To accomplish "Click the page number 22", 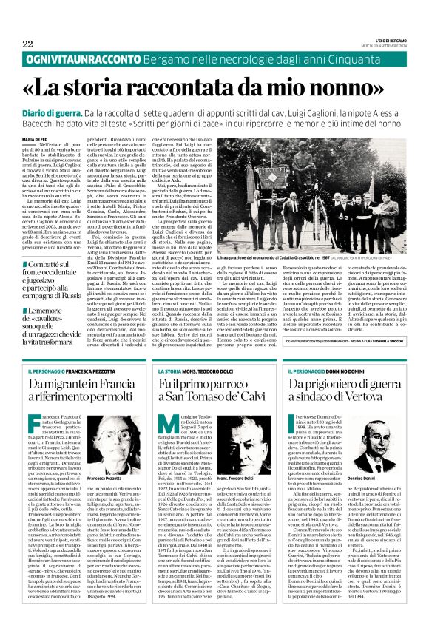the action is pyautogui.click(x=28, y=44).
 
